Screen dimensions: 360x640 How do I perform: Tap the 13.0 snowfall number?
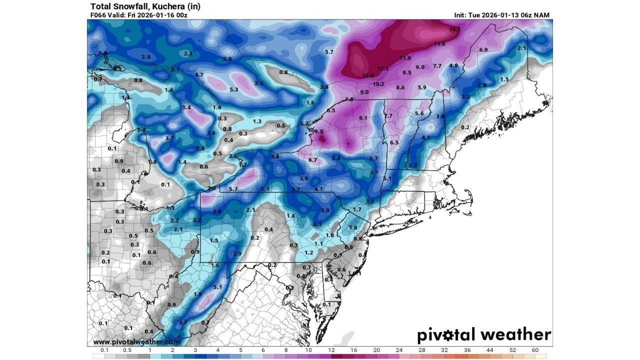coord(367,75)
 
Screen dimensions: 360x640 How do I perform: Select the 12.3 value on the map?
coord(382,68)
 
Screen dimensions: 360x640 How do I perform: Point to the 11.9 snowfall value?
coord(405,58)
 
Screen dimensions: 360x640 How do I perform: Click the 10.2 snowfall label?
coord(378,84)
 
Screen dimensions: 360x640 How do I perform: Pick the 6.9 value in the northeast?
coord(483,50)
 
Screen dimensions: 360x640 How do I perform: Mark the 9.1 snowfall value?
coord(363,118)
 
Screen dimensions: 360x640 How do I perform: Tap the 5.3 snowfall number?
coord(233,89)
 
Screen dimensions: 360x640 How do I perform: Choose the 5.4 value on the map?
coord(187,107)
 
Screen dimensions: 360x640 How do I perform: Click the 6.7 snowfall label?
coord(313,160)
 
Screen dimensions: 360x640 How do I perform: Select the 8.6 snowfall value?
coord(400,87)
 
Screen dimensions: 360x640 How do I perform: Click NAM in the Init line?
coord(542,15)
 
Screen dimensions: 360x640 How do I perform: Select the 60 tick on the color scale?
coord(535,350)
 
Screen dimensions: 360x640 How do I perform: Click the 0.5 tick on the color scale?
coord(127,350)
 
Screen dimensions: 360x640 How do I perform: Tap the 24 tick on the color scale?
coord(399,350)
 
